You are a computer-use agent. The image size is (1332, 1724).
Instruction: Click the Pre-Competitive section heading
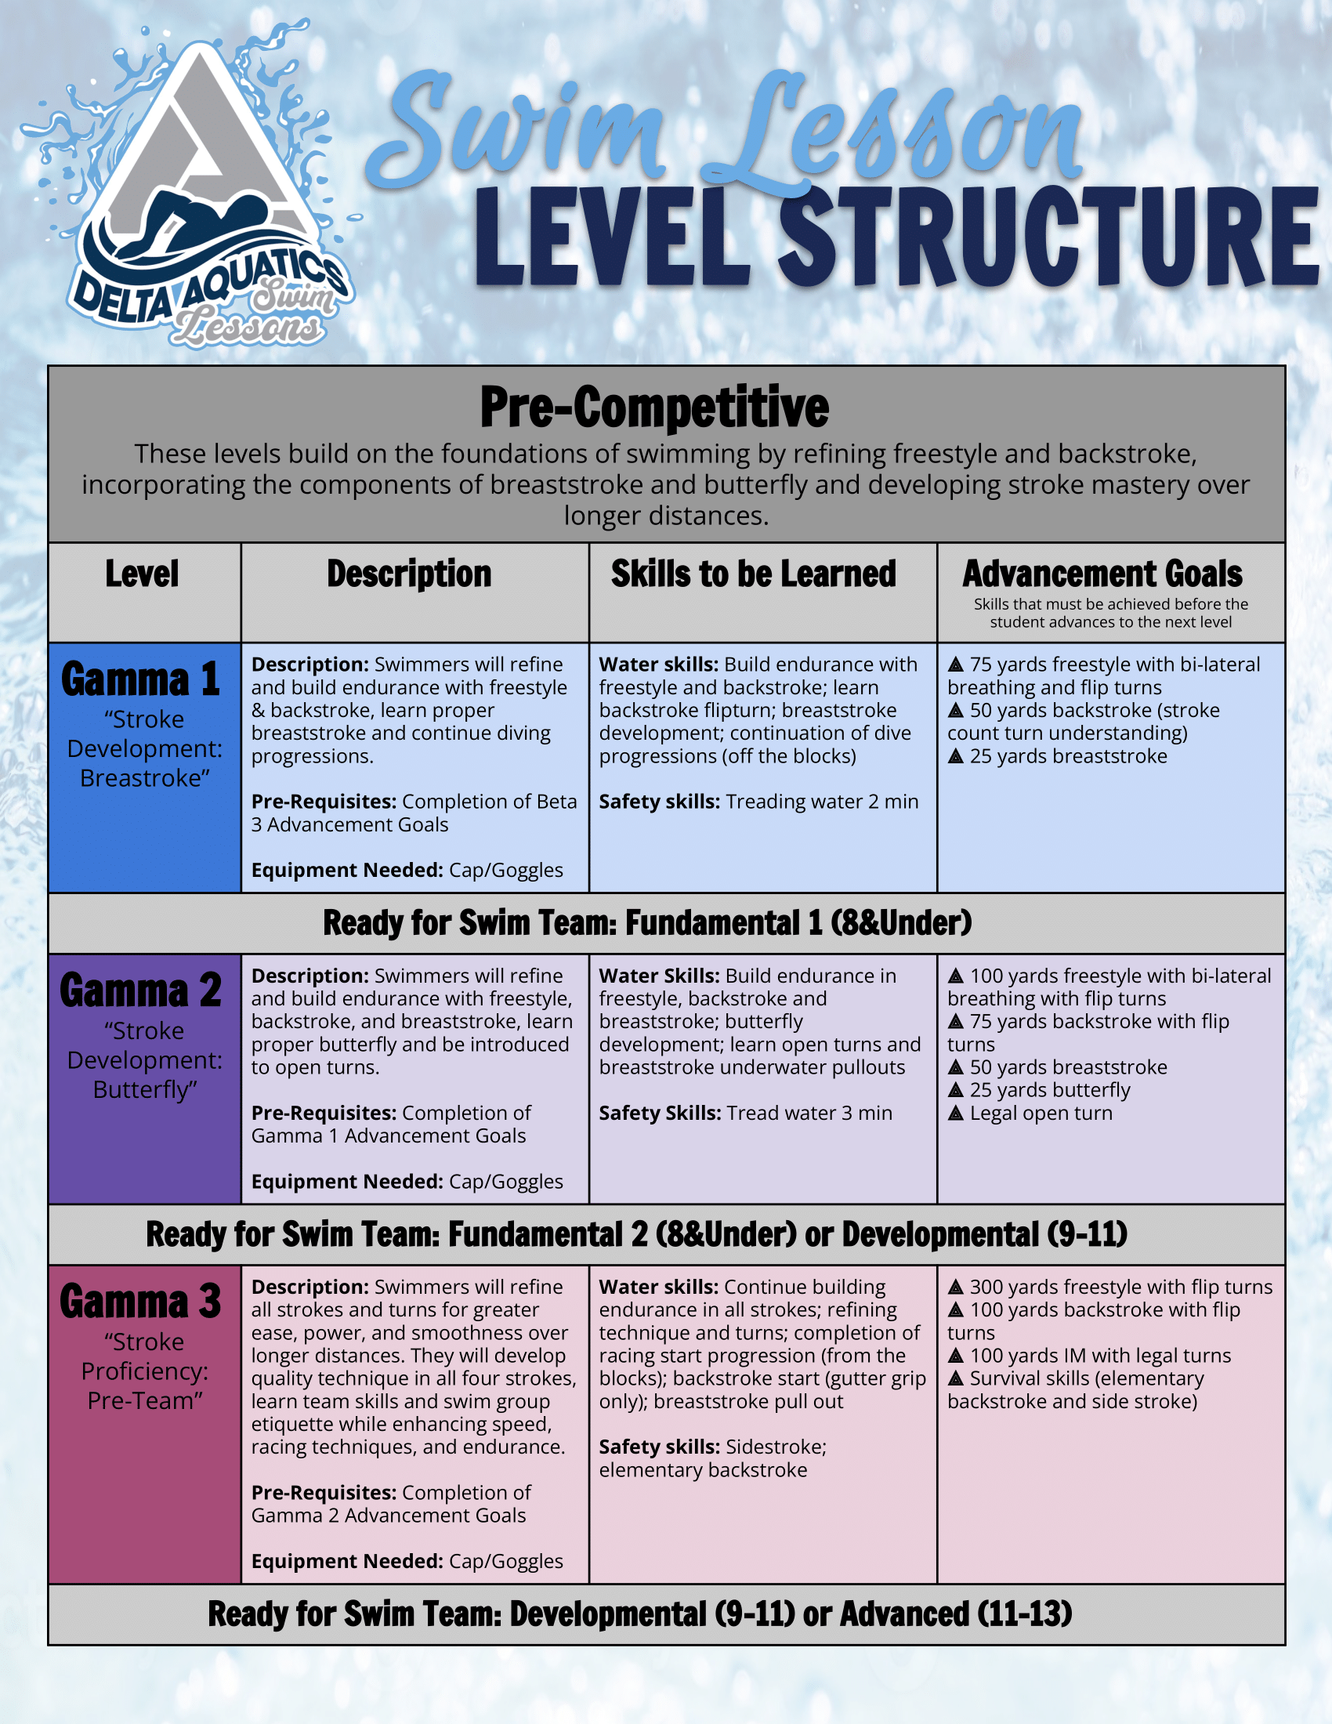coord(654,407)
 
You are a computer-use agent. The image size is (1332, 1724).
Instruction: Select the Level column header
coord(142,574)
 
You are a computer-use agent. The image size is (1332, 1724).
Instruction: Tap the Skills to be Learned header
coord(753,574)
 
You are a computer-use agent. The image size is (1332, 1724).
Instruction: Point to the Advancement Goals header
coord(1102,574)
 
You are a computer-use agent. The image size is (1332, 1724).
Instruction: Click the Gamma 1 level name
coord(140,679)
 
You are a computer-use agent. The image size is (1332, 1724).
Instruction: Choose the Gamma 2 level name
coord(140,990)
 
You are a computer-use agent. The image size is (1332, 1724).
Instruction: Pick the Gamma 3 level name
coord(140,1301)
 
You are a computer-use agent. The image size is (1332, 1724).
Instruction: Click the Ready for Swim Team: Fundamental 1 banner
coord(647,922)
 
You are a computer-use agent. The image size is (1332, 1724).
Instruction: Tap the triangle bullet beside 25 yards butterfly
coord(956,1090)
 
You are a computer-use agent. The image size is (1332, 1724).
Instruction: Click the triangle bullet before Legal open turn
coord(956,1113)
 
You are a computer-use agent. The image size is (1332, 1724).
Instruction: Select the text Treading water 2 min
coord(821,801)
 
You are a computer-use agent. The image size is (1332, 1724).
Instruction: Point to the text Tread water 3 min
coord(809,1113)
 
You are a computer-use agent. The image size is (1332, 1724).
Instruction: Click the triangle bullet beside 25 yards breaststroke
coord(956,756)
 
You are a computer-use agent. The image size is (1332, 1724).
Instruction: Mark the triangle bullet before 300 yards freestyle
coord(956,1287)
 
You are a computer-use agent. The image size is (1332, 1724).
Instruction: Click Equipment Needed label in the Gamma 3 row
coord(347,1561)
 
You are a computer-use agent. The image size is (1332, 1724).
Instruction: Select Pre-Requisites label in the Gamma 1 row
coord(324,801)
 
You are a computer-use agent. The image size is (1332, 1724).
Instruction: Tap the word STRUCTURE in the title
coord(1049,237)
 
